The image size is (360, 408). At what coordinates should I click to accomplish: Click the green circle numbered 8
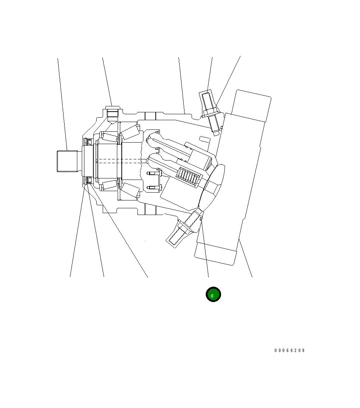[x=213, y=295]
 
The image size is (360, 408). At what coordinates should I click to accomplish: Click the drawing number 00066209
[x=289, y=351]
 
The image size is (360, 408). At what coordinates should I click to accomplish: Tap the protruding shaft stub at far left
[x=67, y=161]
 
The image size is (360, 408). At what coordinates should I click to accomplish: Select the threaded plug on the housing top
[x=112, y=113]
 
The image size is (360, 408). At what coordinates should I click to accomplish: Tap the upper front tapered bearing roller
[x=109, y=137]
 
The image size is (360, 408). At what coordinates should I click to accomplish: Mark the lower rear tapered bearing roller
[x=130, y=190]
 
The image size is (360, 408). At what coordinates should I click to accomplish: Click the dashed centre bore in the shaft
[x=120, y=161]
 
